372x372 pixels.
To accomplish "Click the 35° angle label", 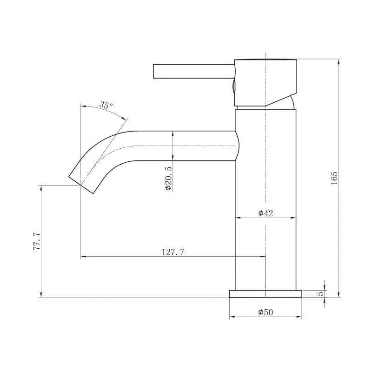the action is coord(106,105).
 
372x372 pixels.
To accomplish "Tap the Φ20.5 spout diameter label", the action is coord(168,179).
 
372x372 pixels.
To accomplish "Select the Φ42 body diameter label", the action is coord(266,213).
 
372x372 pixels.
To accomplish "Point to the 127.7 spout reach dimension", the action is coord(173,252).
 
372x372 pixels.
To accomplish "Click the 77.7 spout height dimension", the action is coord(37,242).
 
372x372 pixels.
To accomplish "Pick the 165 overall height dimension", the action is coord(334,178).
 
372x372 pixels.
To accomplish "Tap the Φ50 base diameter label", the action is coord(266,312).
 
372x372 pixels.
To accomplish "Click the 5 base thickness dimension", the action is coord(320,293).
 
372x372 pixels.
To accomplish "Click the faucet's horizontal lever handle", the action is coord(194,71).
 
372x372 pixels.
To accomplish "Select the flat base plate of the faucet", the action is coord(266,294).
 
